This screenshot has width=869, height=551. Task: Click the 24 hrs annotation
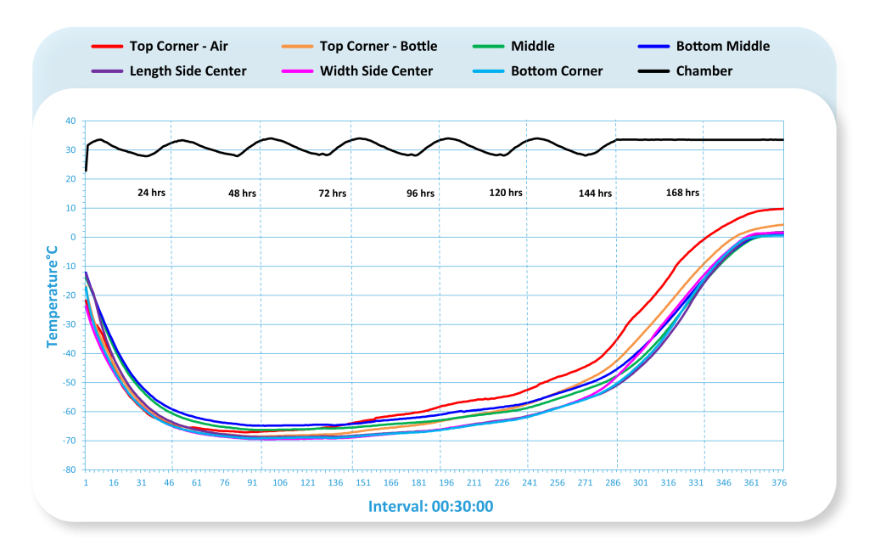[151, 193]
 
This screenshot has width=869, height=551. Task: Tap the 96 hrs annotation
[420, 194]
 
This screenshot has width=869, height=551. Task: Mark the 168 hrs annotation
[682, 193]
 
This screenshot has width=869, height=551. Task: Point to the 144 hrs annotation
[595, 194]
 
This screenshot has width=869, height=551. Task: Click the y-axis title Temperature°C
[52, 296]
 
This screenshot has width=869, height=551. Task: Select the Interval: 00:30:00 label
[430, 507]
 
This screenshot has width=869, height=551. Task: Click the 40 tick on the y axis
[71, 121]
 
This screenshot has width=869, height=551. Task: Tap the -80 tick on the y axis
[70, 469]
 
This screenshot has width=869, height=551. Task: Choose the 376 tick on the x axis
[779, 483]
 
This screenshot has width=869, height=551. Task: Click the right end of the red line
[782, 209]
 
